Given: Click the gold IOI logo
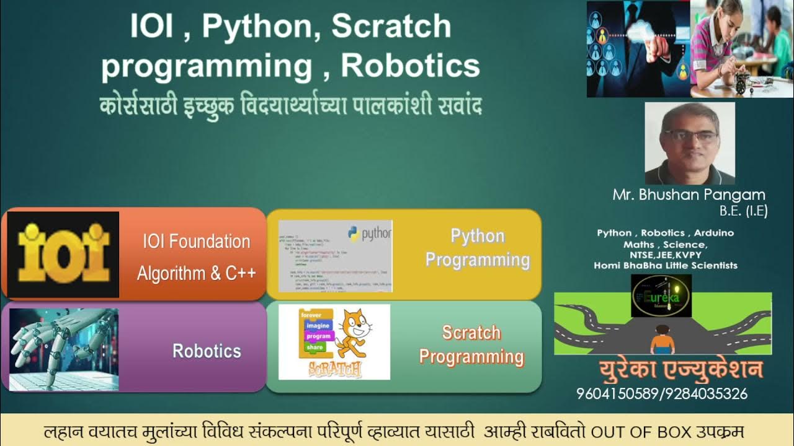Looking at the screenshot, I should point(63,254).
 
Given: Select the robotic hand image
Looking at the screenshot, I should point(63,349).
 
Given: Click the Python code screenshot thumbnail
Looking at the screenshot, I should point(335,256).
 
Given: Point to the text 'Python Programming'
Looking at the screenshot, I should point(477,248).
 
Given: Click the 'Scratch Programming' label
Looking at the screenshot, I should point(471,344).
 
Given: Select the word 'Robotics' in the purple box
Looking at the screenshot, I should point(207,351).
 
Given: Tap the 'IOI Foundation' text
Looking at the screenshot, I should point(197,242).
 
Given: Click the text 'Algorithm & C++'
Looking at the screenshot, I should point(197,273).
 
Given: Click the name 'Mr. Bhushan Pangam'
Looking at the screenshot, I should point(689,195).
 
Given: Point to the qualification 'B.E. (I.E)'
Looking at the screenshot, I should point(743,211).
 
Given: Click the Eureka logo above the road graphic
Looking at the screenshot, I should point(661,296).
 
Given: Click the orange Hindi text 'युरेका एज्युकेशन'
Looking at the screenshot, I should point(680,370).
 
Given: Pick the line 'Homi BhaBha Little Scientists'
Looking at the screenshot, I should point(666,265).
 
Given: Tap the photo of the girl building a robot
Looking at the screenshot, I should point(741,48).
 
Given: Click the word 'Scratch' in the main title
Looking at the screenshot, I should point(391,27).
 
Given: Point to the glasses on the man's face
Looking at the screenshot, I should point(689,136).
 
